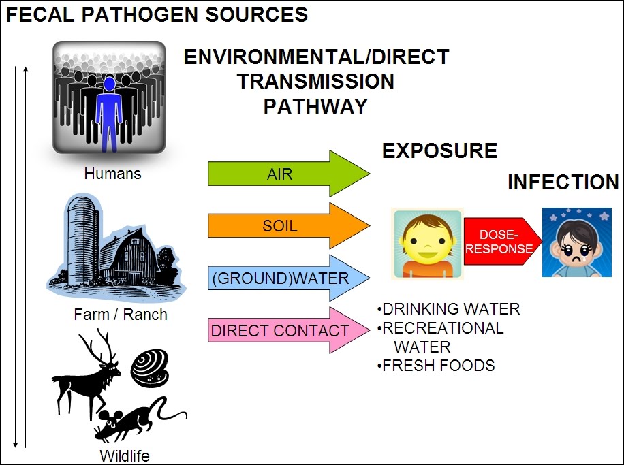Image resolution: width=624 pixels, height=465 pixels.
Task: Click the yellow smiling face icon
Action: (427, 244)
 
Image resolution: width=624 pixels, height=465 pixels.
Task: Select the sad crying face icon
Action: (572, 242)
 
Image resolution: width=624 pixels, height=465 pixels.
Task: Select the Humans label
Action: (112, 174)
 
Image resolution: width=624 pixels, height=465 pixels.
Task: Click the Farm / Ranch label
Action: (121, 315)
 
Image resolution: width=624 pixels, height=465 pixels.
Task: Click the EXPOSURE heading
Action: (439, 150)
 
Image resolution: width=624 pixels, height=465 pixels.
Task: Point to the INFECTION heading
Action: (563, 182)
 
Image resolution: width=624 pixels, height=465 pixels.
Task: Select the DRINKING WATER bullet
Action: (450, 309)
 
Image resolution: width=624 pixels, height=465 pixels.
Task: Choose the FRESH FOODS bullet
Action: (437, 366)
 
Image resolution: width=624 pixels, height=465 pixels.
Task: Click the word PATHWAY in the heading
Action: (315, 106)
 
